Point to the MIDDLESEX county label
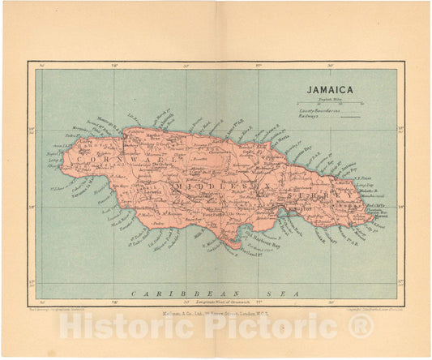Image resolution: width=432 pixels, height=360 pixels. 211,187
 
